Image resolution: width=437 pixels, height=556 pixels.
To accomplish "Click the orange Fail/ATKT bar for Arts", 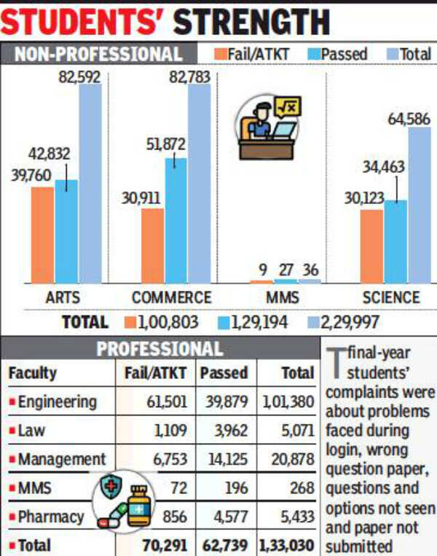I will point(42,235).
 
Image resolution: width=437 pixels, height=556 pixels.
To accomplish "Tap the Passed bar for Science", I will point(395,241).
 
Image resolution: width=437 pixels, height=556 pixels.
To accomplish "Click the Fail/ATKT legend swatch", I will point(219,54).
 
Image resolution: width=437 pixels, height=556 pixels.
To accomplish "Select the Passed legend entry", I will point(336,54).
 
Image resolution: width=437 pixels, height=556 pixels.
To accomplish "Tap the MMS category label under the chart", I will point(283,298).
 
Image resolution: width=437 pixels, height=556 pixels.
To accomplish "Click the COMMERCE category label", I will point(172,298).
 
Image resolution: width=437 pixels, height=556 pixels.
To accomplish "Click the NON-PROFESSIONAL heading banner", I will point(98,54).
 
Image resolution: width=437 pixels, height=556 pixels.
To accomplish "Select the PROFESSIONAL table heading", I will point(160,349).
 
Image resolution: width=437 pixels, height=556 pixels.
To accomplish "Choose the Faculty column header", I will point(33,373).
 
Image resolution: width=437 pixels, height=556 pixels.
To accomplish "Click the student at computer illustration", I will point(267,128).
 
